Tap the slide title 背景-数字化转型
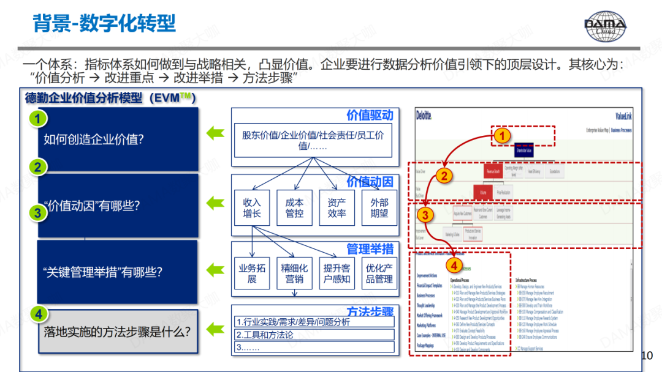pos(104,24)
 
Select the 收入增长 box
pos(252,208)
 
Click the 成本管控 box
pos(294,208)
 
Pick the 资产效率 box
pos(337,208)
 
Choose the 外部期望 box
pos(379,208)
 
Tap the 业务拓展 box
pos(252,273)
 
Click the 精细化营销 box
pos(294,273)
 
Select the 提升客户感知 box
pos(337,273)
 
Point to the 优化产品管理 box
pos(379,273)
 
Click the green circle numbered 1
pos(38,119)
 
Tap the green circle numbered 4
pos(38,314)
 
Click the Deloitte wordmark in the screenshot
pos(424,116)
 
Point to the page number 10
pos(647,355)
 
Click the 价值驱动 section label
pos(370,116)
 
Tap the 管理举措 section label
pos(370,249)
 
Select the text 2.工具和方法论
pos(265,335)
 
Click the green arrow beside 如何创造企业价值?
pos(215,133)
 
